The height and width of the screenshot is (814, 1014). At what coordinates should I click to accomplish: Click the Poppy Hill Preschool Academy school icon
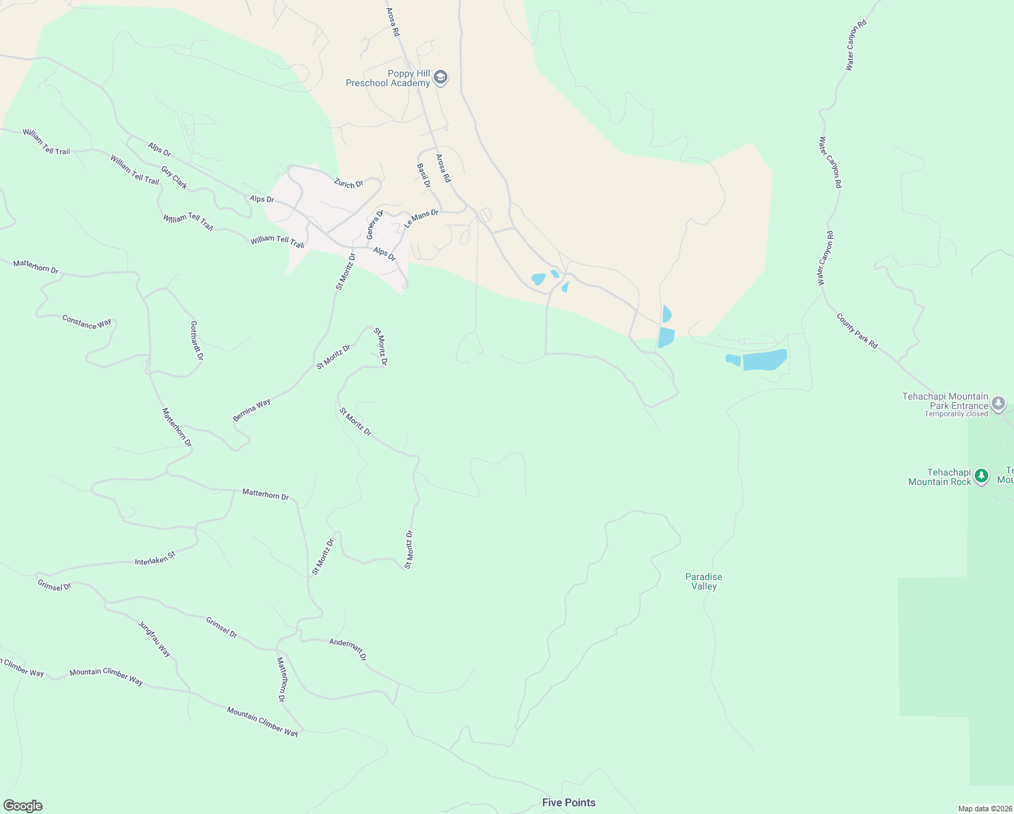tap(441, 78)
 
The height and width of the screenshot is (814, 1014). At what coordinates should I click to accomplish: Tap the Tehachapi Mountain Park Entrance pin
tap(998, 404)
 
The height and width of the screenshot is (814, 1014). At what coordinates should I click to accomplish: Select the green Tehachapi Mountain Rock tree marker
tap(981, 477)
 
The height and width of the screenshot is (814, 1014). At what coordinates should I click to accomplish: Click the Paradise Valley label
tap(704, 581)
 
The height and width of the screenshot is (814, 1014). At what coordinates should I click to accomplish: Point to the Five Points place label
tap(569, 802)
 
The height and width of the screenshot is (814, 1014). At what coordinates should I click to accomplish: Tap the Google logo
tap(23, 806)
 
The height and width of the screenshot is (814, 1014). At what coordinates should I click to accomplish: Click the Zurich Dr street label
tap(348, 183)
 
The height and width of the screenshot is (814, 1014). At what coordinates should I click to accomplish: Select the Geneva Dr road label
tap(375, 225)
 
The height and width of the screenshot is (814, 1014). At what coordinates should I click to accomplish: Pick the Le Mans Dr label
tap(421, 218)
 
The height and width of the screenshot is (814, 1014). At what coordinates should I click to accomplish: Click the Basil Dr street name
tap(424, 175)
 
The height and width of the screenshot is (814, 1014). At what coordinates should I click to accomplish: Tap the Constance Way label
tap(87, 322)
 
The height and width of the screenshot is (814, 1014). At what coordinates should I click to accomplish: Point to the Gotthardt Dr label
tap(197, 341)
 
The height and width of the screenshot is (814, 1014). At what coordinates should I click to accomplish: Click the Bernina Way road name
tap(251, 410)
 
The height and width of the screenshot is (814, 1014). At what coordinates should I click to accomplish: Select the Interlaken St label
tap(155, 558)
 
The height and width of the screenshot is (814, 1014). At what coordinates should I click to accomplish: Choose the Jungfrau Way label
tap(155, 638)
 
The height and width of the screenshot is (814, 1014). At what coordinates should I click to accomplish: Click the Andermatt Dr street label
tap(348, 649)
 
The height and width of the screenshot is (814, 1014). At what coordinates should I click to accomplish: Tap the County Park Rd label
tap(857, 331)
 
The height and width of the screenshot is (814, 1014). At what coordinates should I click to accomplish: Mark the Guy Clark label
tap(174, 178)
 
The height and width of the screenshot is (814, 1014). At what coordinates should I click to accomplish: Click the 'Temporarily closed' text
tap(956, 414)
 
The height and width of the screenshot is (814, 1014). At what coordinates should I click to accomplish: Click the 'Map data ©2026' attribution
tap(985, 809)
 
